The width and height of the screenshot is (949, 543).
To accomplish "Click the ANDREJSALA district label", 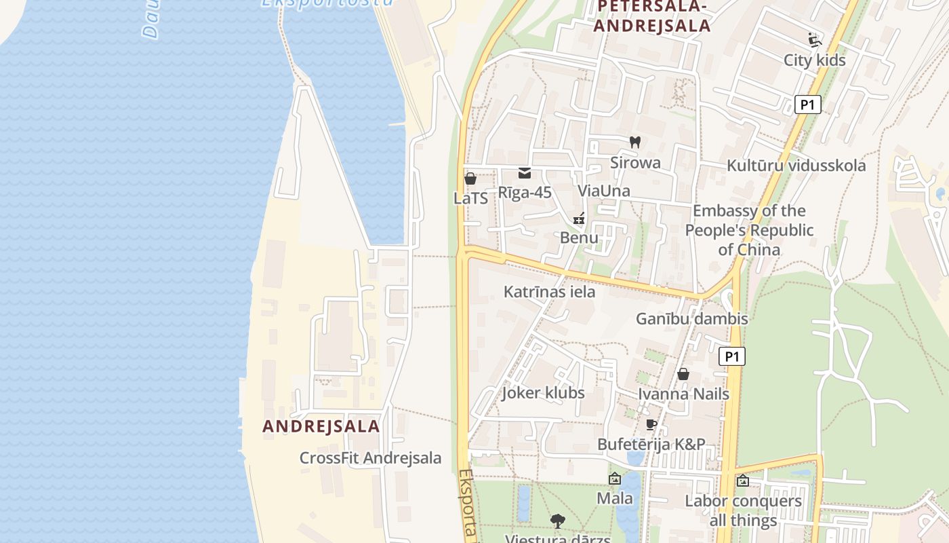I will tap(321, 426).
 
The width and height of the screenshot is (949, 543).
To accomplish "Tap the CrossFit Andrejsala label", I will tap(370, 458).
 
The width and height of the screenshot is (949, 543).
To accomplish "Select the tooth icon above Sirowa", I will tap(635, 142).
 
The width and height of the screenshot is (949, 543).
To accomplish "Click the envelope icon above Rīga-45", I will tap(525, 173).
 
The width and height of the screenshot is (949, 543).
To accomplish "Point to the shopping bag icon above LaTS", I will tap(470, 179).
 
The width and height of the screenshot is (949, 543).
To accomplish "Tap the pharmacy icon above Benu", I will tap(579, 219).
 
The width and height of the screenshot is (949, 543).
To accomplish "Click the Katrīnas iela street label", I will tap(549, 292).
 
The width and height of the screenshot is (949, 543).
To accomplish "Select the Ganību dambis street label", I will tap(691, 318).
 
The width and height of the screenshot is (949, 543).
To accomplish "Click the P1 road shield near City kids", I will tap(807, 105).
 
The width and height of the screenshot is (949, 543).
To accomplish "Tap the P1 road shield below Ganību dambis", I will tap(731, 356).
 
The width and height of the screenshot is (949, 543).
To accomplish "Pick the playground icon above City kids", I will tap(814, 40).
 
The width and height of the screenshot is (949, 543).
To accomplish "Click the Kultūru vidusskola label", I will tap(796, 166).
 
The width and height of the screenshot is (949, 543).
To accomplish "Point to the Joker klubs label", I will tap(543, 393).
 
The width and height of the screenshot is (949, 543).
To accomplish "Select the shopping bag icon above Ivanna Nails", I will tap(683, 374).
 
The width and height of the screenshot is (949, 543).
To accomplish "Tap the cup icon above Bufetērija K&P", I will tap(651, 425).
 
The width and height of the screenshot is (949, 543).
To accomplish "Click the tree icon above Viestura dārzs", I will tap(558, 521).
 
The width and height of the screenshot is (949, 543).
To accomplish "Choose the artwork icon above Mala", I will tap(615, 479).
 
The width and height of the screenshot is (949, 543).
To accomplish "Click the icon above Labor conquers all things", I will tap(743, 481).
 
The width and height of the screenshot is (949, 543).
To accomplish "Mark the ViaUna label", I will tap(603, 191).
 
